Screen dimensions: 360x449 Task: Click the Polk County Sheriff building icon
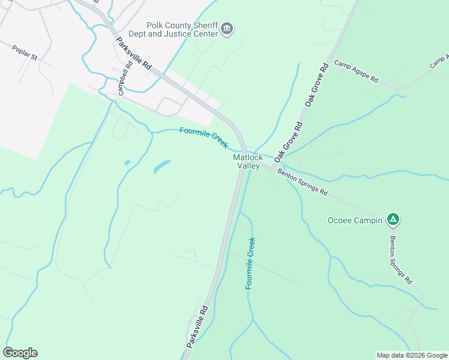click(x=227, y=29)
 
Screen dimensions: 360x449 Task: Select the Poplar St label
click(x=25, y=53)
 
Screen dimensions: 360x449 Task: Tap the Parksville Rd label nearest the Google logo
click(x=197, y=326)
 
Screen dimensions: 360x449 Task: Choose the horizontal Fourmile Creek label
click(x=203, y=138)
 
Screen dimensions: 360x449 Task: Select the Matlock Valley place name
click(x=247, y=161)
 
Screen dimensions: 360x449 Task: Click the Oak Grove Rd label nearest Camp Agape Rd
click(x=318, y=84)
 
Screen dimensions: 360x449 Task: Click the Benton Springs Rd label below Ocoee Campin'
click(x=400, y=259)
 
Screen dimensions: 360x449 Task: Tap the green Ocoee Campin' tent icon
click(x=393, y=220)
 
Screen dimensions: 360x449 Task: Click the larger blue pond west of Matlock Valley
click(x=161, y=167)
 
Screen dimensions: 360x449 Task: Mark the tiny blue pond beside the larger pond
click(x=127, y=163)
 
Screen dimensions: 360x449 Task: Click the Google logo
click(x=20, y=353)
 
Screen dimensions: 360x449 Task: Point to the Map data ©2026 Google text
click(x=411, y=355)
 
